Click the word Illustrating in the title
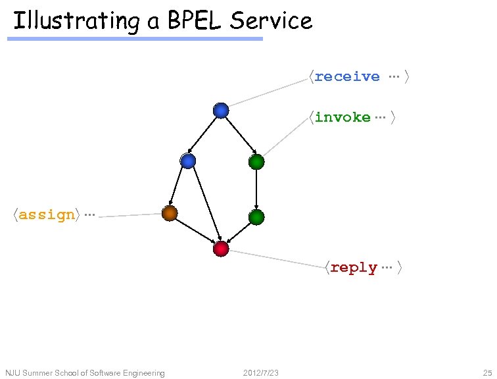click(76, 21)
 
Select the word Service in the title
click(271, 21)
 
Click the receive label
click(347, 76)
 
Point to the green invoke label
click(343, 117)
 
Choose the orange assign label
click(47, 215)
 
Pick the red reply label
click(354, 268)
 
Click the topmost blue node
click(221, 111)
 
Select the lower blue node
click(188, 161)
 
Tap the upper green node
click(256, 161)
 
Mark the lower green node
click(256, 216)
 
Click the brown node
click(170, 213)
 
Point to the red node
click(221, 249)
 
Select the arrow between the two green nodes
click(256, 189)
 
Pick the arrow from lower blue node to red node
click(204, 205)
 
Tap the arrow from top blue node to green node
click(239, 136)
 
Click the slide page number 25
click(486, 373)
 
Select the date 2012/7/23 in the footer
click(260, 373)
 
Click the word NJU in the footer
click(13, 373)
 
